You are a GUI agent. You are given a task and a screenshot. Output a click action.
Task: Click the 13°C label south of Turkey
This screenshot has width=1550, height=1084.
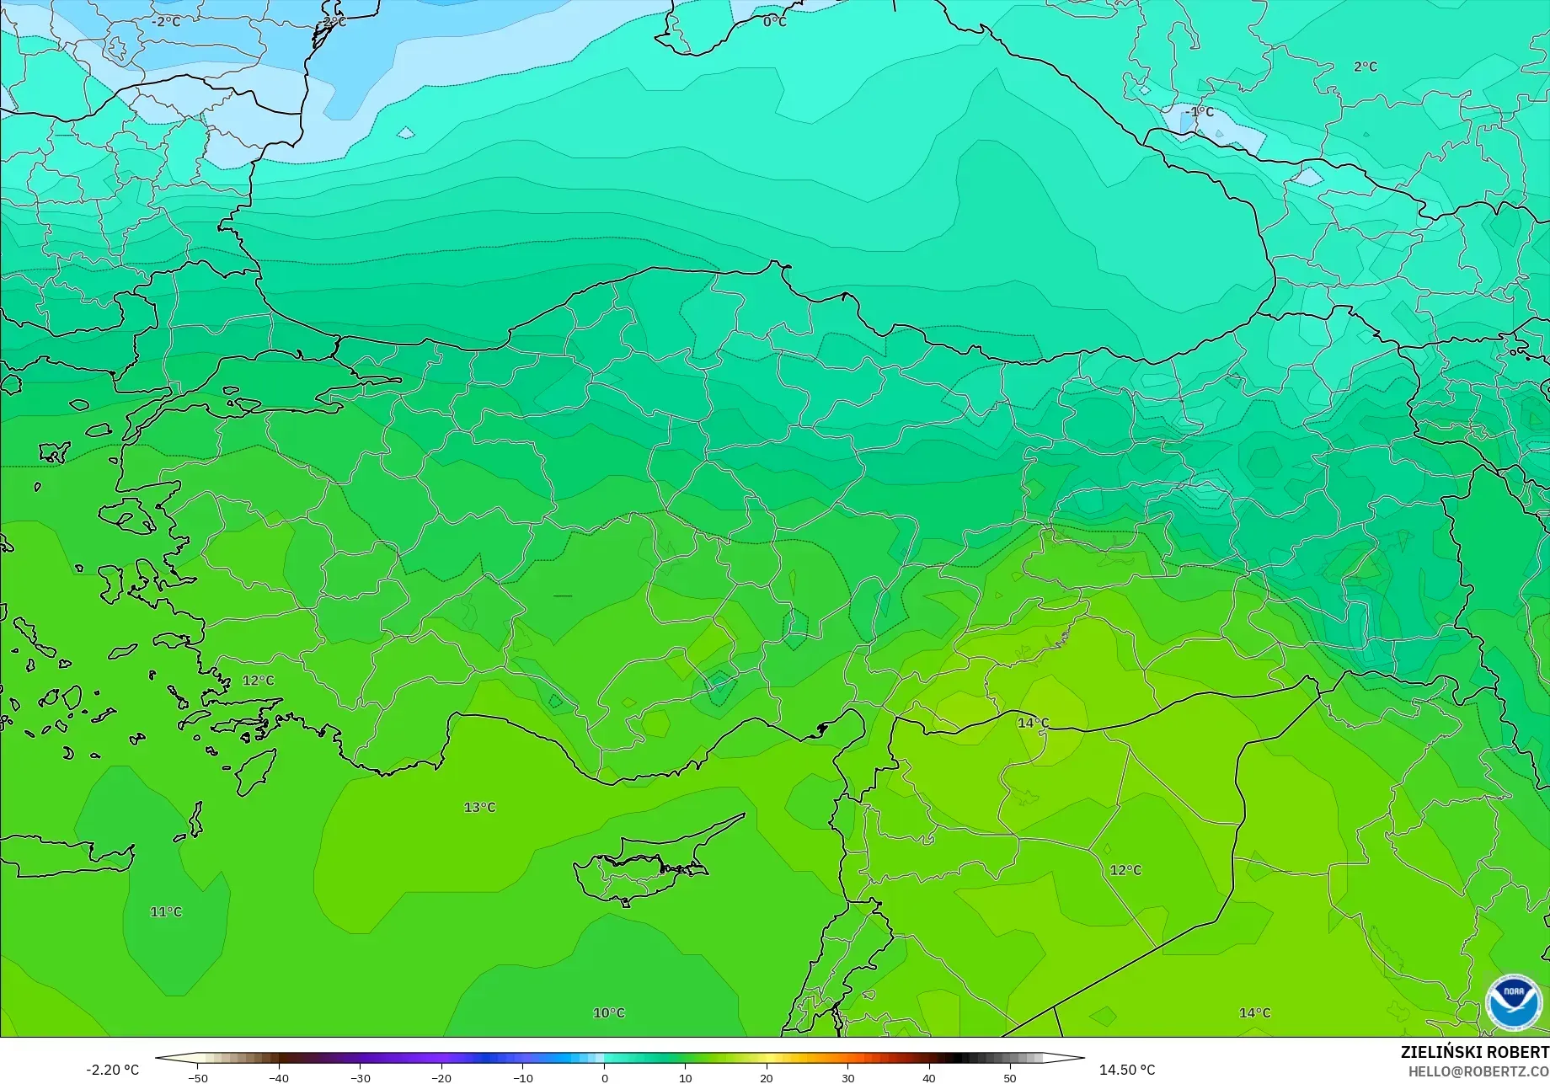[479, 808]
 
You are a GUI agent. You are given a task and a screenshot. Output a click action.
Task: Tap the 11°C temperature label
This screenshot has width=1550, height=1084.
[166, 912]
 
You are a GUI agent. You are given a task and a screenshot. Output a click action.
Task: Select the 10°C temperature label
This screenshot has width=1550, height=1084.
[609, 1013]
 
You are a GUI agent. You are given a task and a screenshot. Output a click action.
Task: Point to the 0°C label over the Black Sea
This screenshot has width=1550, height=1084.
[775, 22]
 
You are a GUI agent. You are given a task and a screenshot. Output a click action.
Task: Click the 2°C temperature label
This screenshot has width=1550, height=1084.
[1366, 67]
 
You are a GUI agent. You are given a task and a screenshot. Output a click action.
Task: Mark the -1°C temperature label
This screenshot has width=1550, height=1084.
[1200, 112]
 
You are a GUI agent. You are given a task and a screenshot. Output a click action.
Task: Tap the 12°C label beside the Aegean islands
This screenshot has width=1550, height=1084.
[259, 681]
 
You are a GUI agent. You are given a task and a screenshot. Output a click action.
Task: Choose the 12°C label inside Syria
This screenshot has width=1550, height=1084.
[1125, 870]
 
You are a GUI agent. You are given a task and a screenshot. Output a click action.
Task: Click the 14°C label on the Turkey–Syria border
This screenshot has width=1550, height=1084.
[1034, 724]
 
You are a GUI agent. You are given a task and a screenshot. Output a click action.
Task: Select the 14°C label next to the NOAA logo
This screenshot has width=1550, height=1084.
[1254, 1013]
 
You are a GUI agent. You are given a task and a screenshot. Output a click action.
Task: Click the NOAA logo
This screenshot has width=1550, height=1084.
[1513, 1002]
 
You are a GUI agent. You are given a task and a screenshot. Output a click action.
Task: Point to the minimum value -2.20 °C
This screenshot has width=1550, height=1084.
[113, 1070]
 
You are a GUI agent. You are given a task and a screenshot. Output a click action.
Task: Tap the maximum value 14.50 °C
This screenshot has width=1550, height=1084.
[1127, 1070]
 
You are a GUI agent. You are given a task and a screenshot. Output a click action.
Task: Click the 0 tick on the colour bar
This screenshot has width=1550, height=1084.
[604, 1078]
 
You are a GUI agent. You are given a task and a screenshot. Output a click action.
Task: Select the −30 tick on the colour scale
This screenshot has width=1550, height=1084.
[360, 1078]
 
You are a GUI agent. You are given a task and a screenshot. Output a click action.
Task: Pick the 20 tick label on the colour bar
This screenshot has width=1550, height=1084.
[767, 1078]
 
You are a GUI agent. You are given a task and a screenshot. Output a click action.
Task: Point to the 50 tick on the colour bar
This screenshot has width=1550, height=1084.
[1010, 1078]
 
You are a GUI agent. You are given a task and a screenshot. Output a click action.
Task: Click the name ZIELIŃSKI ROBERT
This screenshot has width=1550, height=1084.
[1474, 1052]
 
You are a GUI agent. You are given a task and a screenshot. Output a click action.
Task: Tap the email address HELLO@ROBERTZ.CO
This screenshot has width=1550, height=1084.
[1479, 1071]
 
